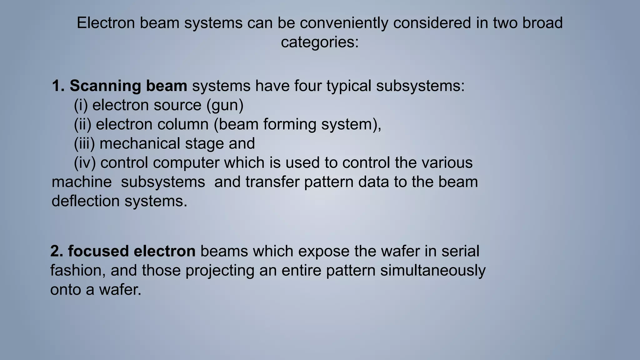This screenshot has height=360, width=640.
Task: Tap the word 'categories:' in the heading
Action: point(320,42)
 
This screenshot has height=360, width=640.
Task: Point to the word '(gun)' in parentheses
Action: point(225,105)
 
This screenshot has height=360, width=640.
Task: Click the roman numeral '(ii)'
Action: point(82,124)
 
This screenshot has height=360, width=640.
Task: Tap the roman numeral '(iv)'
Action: point(85,163)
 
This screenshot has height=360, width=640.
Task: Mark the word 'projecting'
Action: point(220,270)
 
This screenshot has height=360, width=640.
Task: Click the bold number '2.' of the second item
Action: point(57,251)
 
